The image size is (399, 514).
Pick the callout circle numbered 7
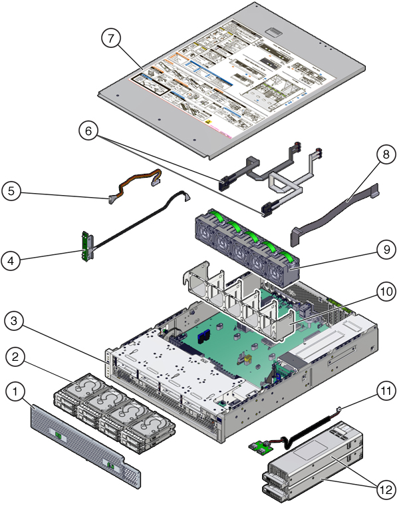(x=111, y=38)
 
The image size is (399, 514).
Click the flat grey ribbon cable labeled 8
(x=332, y=213)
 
